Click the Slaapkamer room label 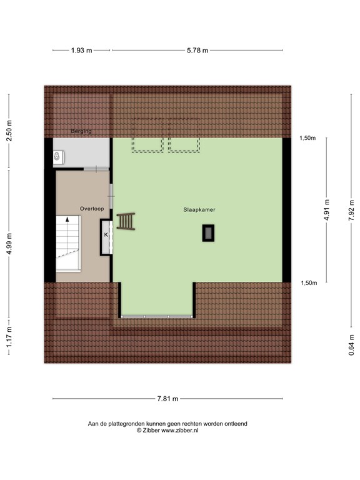point(199,210)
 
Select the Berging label point(81,131)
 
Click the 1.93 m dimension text point(81,51)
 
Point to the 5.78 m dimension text point(197,51)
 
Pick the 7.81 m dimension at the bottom point(167,399)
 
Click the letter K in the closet point(106,234)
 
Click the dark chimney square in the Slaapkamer point(207,233)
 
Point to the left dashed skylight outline point(147,144)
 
